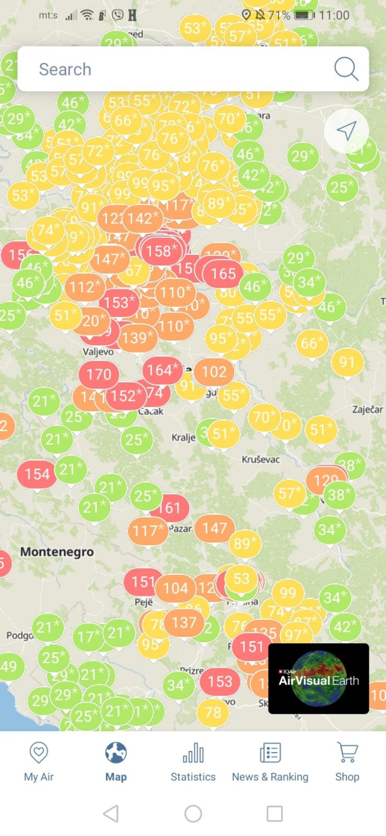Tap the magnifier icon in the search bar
[346, 69]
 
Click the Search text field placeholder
[65, 69]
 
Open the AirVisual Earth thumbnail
[318, 678]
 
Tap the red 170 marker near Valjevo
[99, 375]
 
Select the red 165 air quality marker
[223, 274]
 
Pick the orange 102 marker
[214, 372]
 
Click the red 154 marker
[37, 475]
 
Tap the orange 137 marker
[184, 623]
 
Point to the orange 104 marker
[175, 589]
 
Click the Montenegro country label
[57, 552]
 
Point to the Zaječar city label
[367, 410]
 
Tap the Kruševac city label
[261, 460]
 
